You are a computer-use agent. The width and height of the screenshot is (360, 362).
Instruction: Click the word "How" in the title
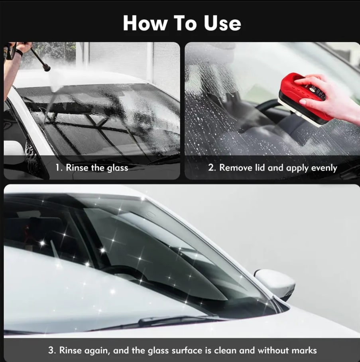pos(145,23)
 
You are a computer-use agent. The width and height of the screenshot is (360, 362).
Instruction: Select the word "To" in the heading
pos(185,23)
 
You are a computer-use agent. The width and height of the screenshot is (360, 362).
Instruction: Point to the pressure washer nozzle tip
pos(47,67)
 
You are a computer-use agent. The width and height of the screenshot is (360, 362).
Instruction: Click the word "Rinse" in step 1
pos(77,168)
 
